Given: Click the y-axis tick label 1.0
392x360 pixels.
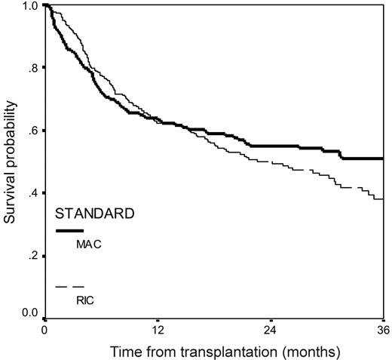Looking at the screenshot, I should coord(30,6).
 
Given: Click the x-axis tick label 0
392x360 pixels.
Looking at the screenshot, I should coord(44,331).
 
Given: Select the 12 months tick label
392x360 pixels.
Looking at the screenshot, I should coord(158,331).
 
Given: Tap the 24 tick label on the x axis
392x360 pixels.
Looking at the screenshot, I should coord(271,331).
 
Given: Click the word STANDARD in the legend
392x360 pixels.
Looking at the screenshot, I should coord(96,214).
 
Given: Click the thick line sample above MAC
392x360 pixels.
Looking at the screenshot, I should coord(69,230).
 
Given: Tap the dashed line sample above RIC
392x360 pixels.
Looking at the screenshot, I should coord(69,287).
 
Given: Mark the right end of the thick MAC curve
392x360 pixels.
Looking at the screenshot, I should coord(383,158).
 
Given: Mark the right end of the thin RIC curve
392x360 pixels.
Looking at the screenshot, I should coord(383,198).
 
